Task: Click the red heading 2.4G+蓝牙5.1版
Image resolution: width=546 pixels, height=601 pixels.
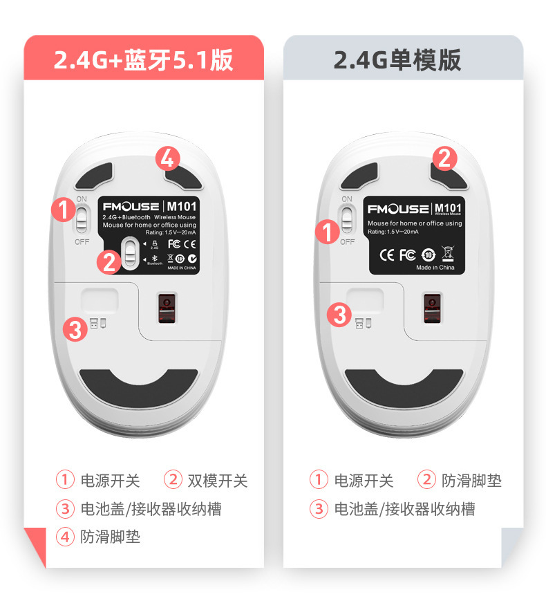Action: click(x=144, y=60)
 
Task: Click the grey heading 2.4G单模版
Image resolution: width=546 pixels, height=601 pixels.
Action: click(x=397, y=60)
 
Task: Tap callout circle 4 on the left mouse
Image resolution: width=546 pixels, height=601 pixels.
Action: click(x=167, y=159)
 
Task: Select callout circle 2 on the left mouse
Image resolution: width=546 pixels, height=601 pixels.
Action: click(x=109, y=261)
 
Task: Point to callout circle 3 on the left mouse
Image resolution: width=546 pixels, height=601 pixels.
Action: click(x=75, y=329)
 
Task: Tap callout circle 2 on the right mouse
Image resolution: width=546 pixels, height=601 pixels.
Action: click(x=445, y=159)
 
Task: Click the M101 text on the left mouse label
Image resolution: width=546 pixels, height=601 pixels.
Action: click(x=182, y=206)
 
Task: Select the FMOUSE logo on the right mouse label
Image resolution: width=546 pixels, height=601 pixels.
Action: click(x=397, y=209)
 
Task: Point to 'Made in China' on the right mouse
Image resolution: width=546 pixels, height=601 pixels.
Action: click(x=435, y=268)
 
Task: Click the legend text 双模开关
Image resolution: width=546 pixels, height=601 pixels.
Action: click(x=217, y=480)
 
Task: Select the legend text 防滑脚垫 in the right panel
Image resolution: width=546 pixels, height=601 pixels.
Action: click(x=472, y=480)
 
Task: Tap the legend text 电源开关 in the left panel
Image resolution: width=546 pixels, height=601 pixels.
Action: click(x=110, y=480)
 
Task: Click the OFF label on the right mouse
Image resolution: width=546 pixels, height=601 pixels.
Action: click(x=347, y=242)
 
